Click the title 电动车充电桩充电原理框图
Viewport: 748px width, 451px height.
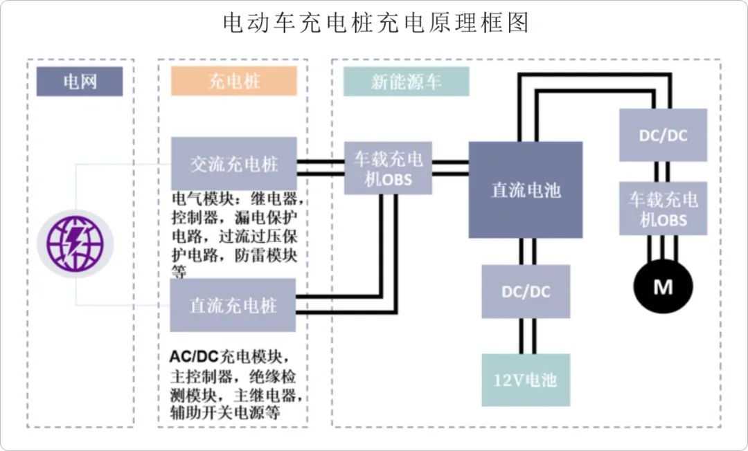375,22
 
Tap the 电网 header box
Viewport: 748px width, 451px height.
80,82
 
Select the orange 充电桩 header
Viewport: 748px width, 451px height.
234,82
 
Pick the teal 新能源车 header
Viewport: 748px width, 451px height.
406,82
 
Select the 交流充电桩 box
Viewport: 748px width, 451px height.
234,163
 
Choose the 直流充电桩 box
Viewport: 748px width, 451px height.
233,305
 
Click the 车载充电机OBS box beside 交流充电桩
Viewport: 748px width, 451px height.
389,168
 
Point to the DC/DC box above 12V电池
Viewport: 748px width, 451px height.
526,291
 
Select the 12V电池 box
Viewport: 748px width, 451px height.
526,380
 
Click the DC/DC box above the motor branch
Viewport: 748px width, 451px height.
663,135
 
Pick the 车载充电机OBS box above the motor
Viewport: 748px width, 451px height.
663,209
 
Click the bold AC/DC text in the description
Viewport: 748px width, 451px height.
194,357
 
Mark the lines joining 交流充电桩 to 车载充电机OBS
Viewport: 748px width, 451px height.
321,163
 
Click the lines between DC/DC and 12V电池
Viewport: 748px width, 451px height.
526,336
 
